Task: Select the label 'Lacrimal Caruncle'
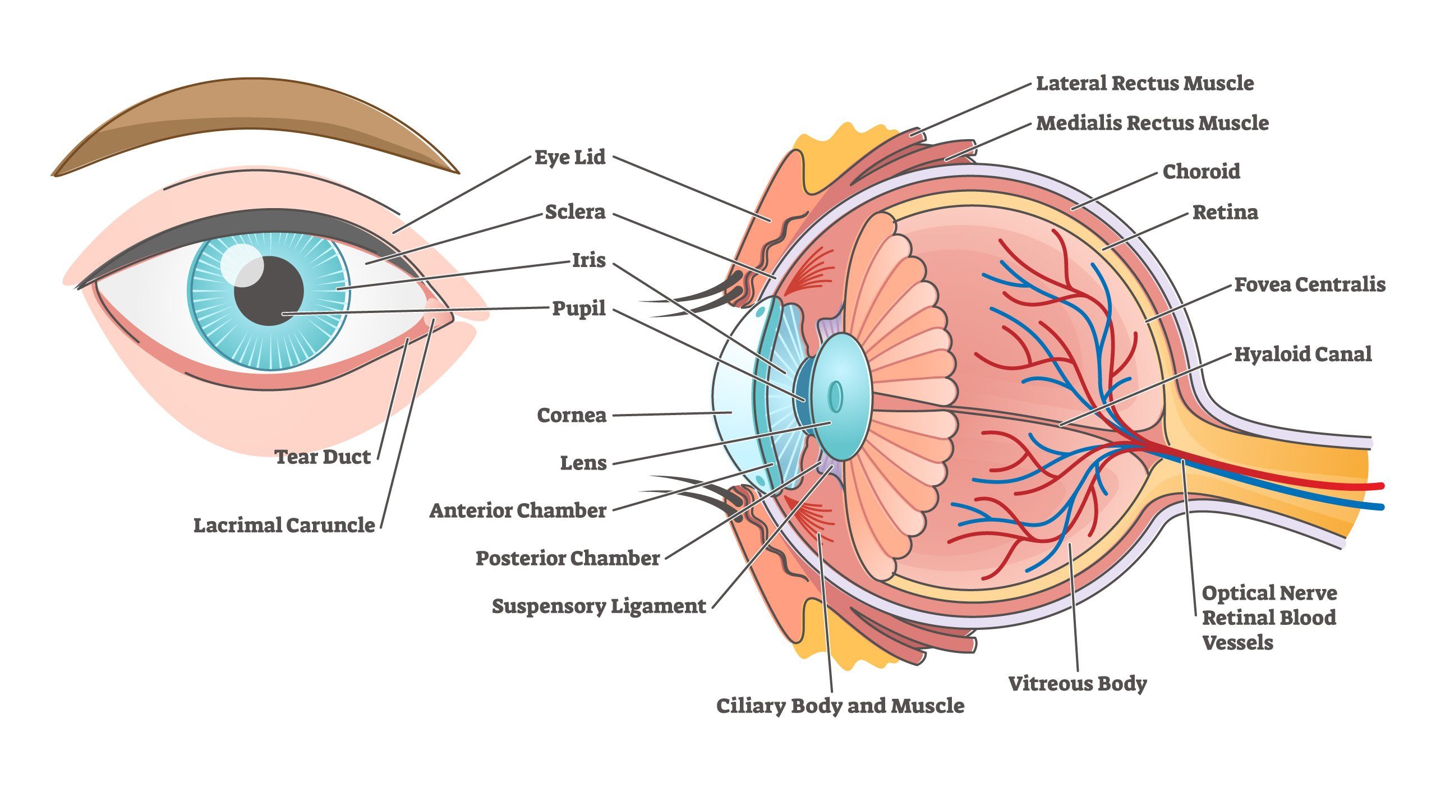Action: tap(284, 526)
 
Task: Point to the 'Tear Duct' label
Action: tap(323, 457)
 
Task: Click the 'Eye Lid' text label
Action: tap(570, 158)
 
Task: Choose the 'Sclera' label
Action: tap(575, 212)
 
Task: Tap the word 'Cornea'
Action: tap(572, 416)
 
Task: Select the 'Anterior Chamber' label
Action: tap(518, 511)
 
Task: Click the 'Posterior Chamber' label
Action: tap(568, 559)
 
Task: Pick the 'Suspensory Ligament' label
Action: tap(599, 606)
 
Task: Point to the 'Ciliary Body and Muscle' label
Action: tap(840, 706)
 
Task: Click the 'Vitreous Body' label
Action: tap(1077, 684)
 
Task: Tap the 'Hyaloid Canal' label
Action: tap(1302, 355)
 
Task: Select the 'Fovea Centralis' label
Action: tap(1310, 285)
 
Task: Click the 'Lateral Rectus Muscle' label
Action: tap(1144, 84)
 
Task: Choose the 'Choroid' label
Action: tap(1201, 172)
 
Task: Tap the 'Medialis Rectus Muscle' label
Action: tap(1152, 123)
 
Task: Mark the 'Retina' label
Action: tap(1225, 213)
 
